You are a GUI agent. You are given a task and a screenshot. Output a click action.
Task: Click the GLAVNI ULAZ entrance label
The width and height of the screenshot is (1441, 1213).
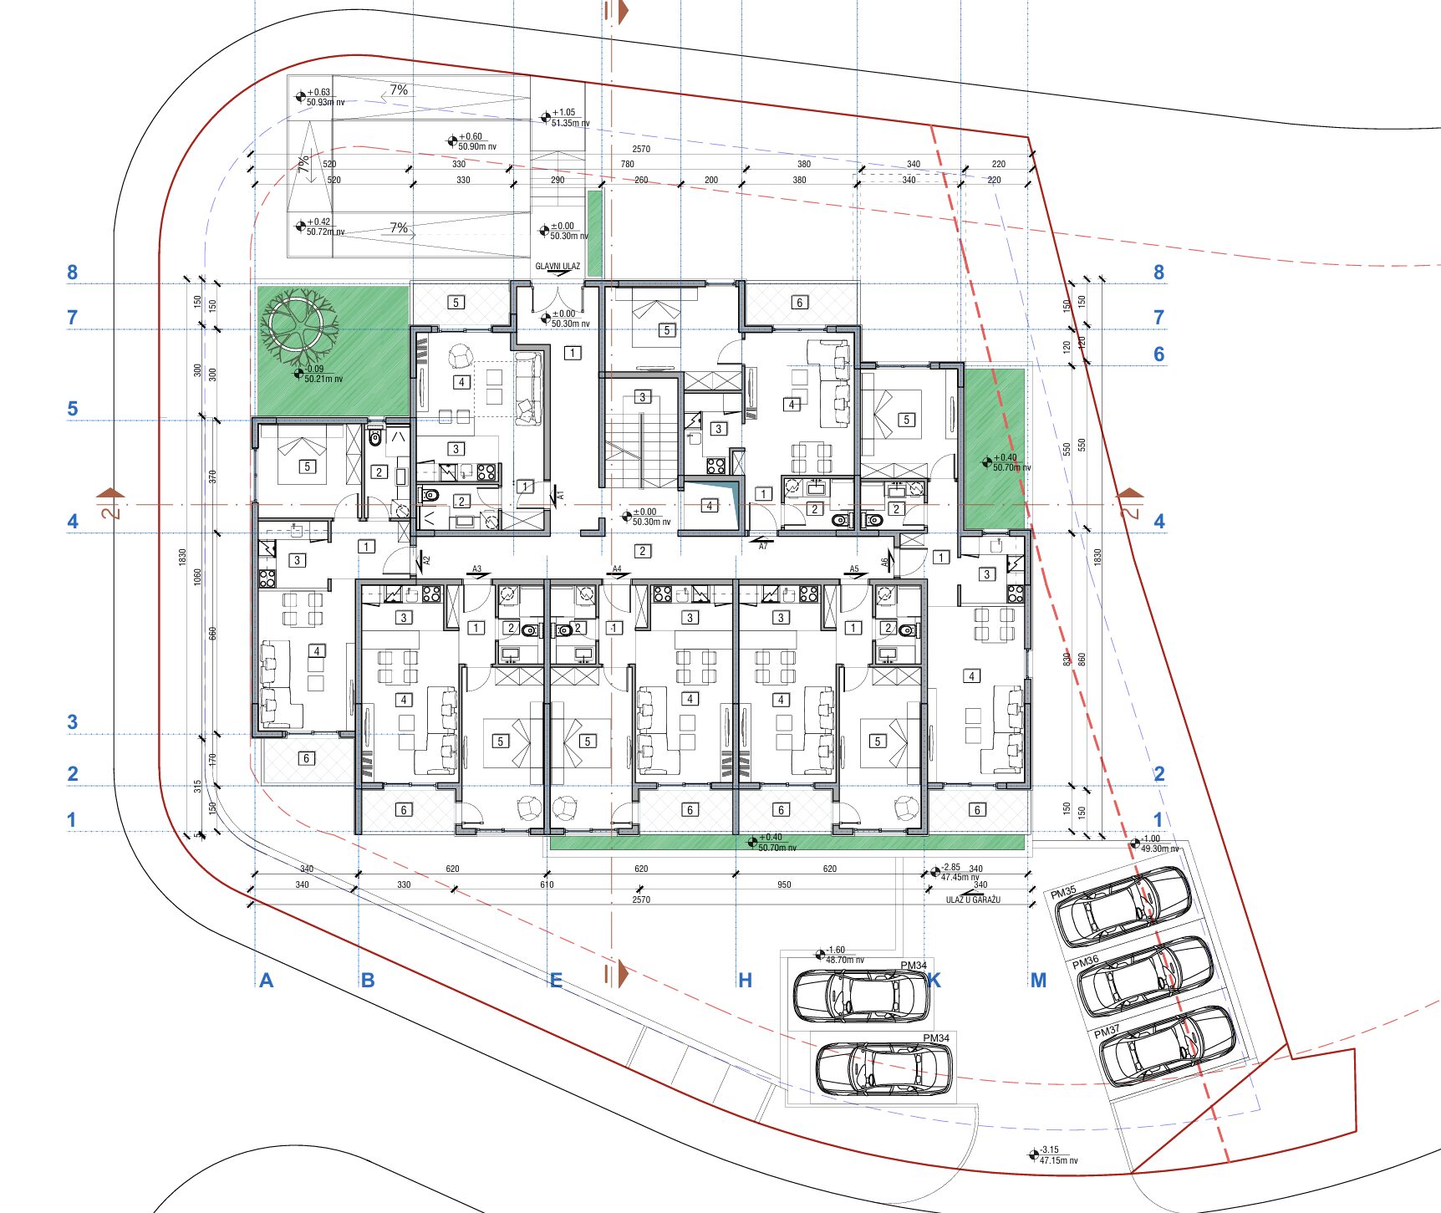click(557, 267)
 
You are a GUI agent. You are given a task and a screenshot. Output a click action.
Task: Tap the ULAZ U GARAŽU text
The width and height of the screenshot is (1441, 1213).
click(973, 900)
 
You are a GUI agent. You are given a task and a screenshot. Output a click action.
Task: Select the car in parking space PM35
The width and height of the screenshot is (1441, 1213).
click(1123, 905)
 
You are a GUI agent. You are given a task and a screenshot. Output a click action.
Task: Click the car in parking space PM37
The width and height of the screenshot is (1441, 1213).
click(1167, 1045)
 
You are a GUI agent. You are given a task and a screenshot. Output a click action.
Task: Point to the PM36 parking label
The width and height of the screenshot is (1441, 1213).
click(1086, 961)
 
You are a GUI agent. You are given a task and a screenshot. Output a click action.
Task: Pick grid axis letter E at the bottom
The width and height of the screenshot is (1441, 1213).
click(556, 980)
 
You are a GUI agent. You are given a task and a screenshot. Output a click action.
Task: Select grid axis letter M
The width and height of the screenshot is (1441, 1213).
click(1038, 980)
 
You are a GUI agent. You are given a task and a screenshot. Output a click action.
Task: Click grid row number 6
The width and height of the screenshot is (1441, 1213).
click(1158, 354)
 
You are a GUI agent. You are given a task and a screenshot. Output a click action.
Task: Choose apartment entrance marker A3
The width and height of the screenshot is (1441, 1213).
click(476, 569)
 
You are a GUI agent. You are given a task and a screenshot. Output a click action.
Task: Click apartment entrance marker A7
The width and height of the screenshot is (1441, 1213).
click(763, 546)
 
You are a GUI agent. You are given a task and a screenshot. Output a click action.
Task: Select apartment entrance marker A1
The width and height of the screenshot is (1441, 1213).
click(560, 496)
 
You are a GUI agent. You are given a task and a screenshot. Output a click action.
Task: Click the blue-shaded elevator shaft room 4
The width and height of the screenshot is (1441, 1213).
click(710, 505)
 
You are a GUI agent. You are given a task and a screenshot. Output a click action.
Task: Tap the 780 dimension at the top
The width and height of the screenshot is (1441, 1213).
click(628, 164)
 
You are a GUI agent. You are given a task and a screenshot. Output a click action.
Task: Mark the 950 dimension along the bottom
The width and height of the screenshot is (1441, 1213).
click(784, 884)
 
